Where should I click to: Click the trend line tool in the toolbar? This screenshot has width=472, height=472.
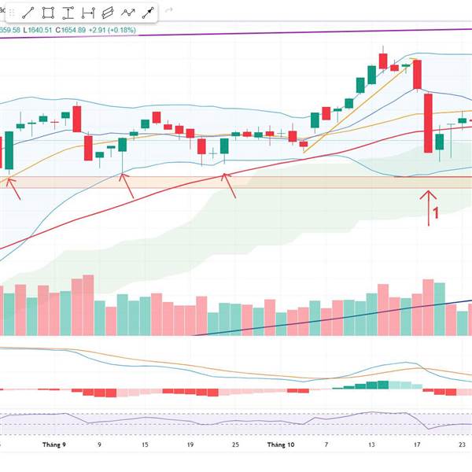click(x=28, y=13)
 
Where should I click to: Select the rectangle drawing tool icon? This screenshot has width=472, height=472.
click(x=49, y=13)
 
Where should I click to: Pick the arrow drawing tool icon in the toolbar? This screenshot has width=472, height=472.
click(x=146, y=13)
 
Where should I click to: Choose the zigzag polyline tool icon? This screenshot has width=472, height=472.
click(x=127, y=13)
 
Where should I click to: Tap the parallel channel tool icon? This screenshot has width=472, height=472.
click(x=108, y=13)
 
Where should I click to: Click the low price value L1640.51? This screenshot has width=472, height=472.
click(x=39, y=30)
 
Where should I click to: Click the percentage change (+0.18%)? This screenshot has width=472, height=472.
click(x=123, y=30)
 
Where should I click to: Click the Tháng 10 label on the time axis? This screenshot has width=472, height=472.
click(x=280, y=445)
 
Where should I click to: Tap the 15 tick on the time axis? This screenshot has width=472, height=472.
click(x=145, y=445)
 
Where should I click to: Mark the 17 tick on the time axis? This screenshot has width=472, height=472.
click(x=416, y=445)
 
